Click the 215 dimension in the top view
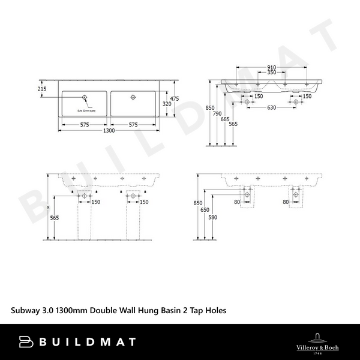pos(42,88)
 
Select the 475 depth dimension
pos(175,98)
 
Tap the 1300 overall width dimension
pos(109,131)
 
